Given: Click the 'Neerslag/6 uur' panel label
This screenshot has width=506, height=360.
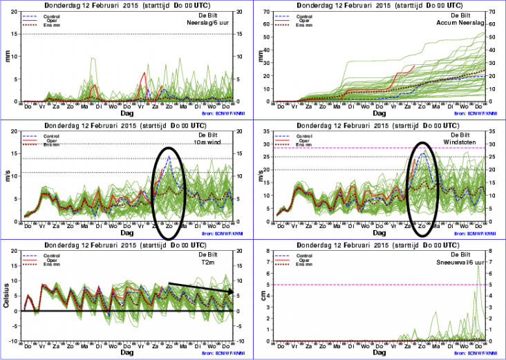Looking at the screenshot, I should pos(207,23).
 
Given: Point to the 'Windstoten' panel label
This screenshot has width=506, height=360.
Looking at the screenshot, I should pos(463,142).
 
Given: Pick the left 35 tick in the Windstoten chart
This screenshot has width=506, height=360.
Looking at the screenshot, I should pos(268,131).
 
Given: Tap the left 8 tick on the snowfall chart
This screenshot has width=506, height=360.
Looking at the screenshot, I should pos(270,252).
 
